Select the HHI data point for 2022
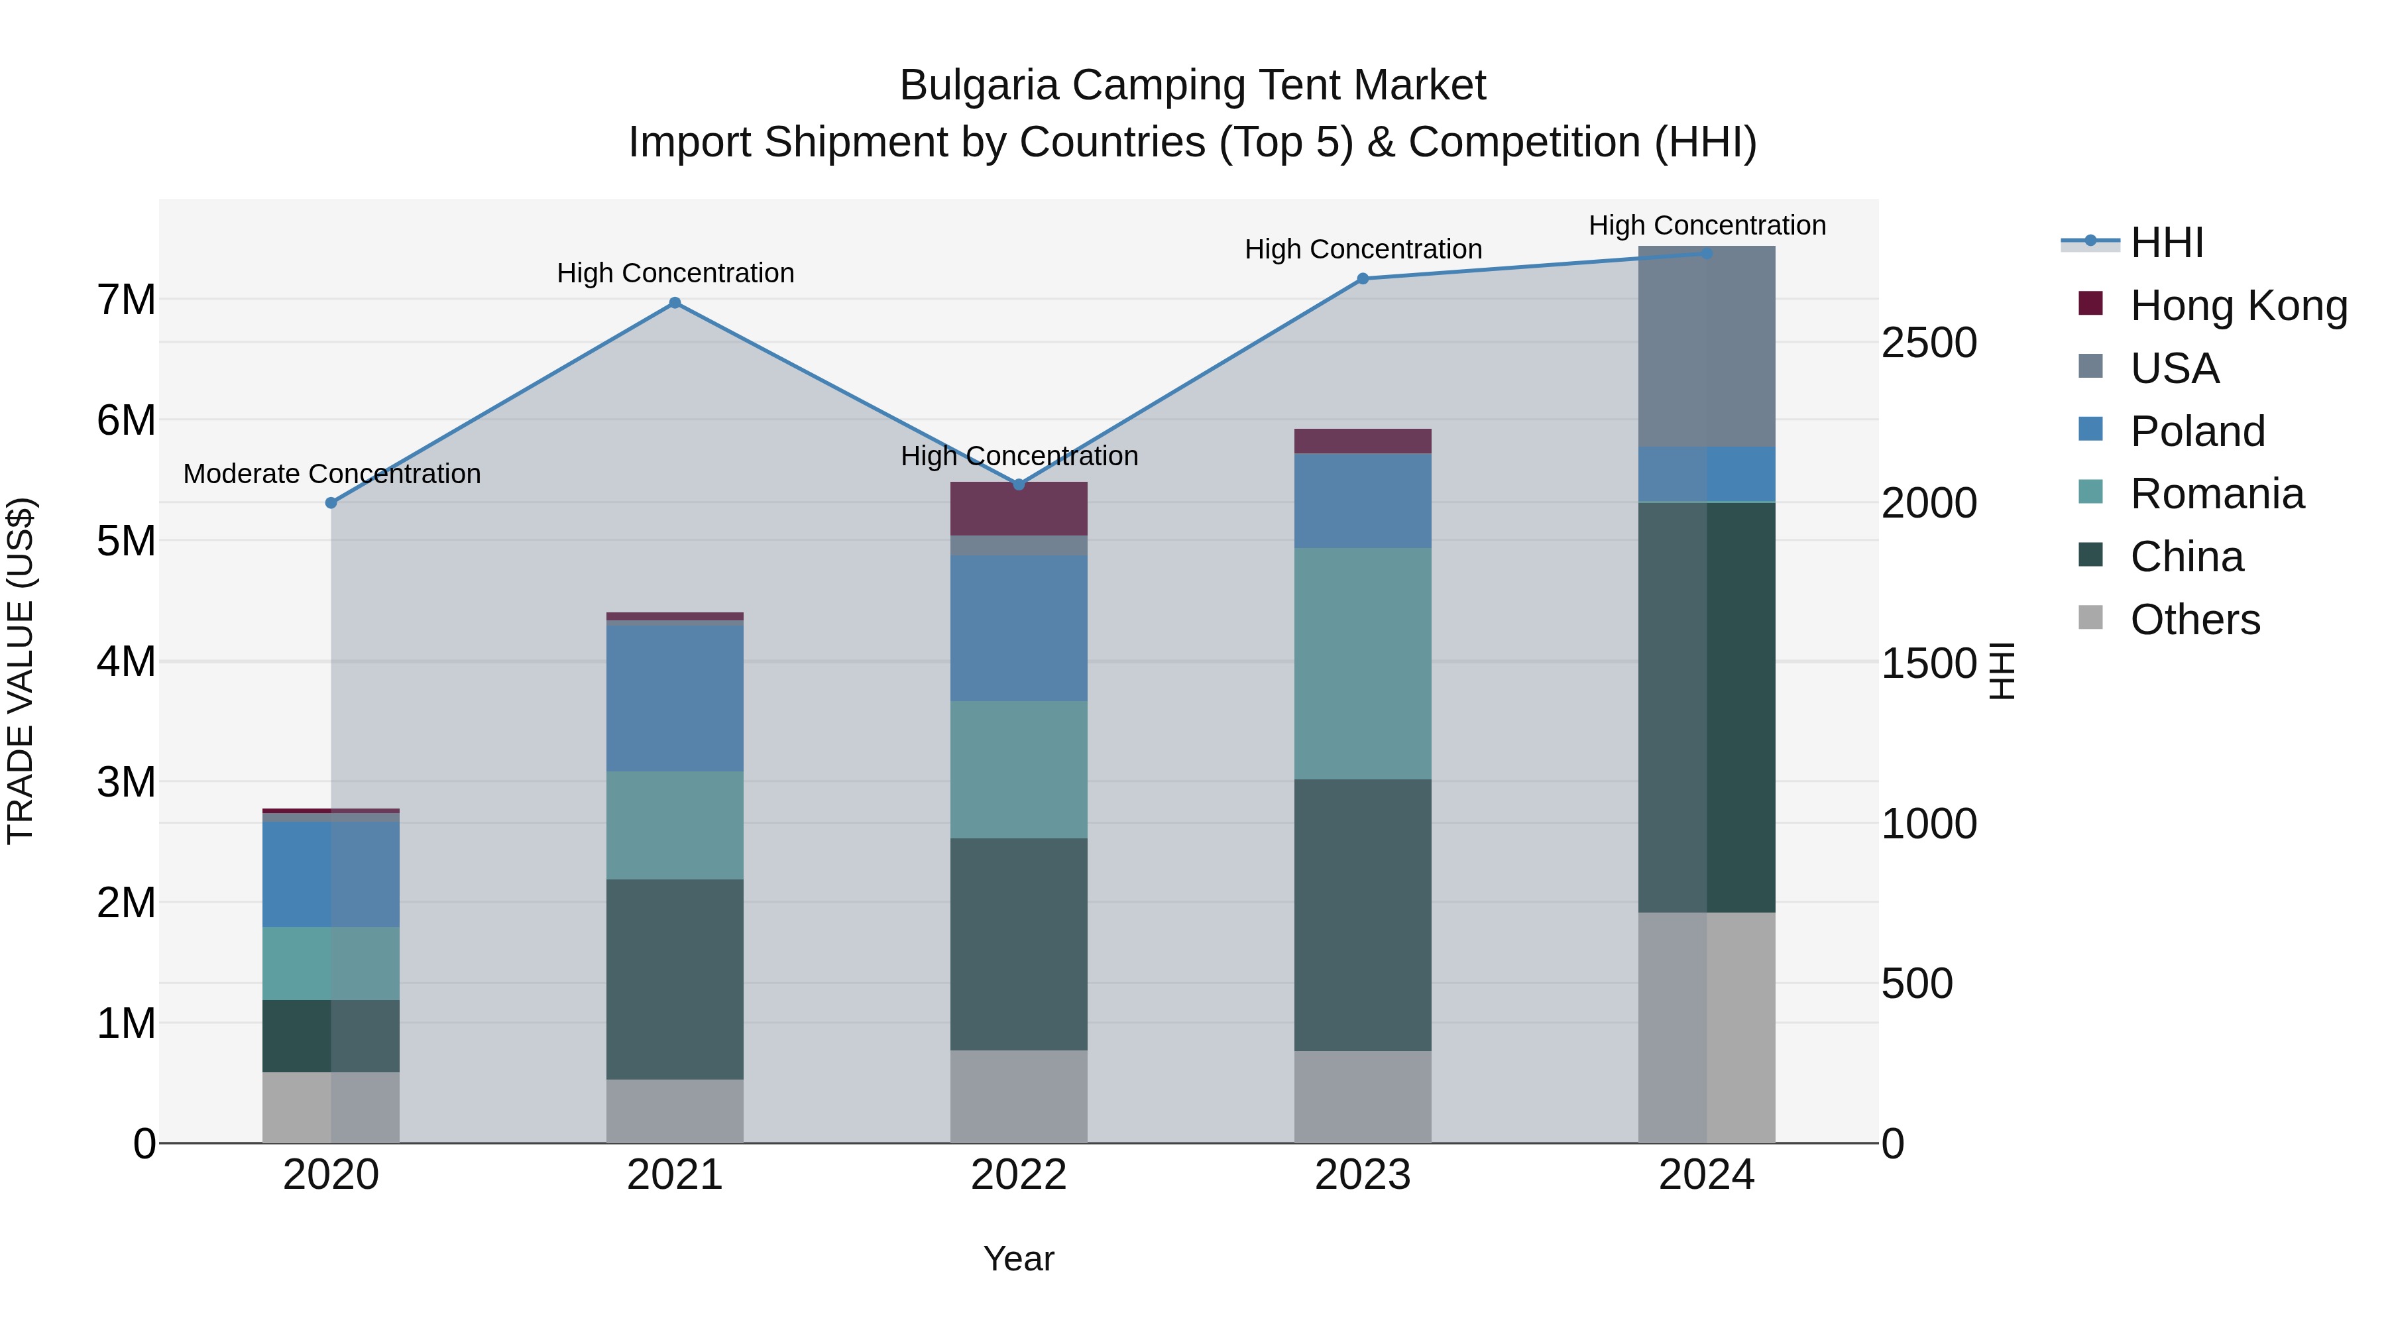[x=1019, y=484]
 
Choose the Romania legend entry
[x=2216, y=494]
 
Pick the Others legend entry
[x=2194, y=620]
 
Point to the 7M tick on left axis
[x=126, y=300]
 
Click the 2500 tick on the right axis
[x=1929, y=343]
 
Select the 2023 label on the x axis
[x=1363, y=1174]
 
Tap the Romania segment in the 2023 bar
[x=1363, y=663]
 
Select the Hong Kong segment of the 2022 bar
[x=1019, y=508]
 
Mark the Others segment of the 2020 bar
[x=331, y=1107]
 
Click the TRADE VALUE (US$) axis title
[x=21, y=671]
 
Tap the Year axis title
[x=1018, y=1258]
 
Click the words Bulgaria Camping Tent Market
[x=1192, y=85]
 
